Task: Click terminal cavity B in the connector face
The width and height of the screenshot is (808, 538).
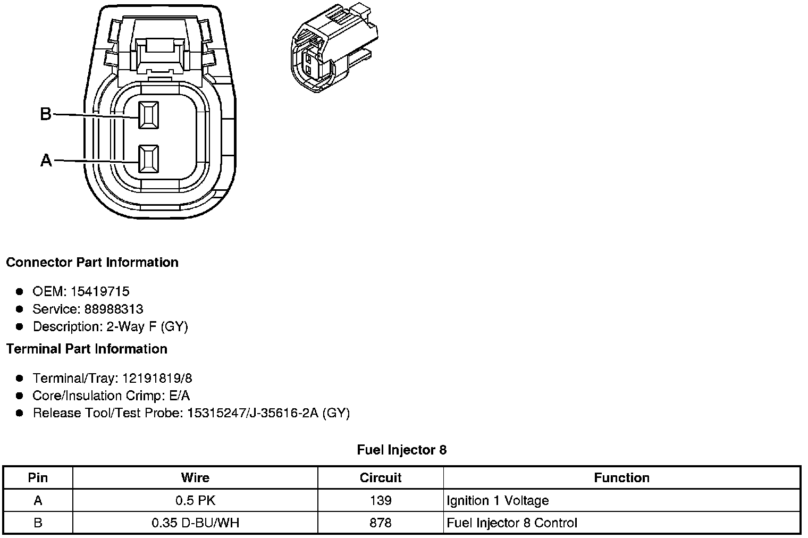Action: point(148,115)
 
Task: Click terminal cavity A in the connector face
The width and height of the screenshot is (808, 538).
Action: point(148,159)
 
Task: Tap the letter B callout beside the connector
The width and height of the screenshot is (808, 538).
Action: point(46,114)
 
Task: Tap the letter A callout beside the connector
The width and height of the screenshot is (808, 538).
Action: point(46,160)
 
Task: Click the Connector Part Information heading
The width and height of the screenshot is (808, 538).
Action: point(92,263)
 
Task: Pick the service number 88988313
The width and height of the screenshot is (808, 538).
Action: point(114,309)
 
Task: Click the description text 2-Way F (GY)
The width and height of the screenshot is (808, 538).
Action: point(147,326)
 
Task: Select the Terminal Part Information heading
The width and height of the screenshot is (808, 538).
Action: point(87,349)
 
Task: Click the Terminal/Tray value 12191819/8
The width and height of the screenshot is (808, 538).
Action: point(157,378)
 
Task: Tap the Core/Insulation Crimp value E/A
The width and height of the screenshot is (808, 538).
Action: point(178,396)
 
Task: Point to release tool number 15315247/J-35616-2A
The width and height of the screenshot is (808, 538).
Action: point(252,413)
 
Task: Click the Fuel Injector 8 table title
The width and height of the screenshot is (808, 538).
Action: point(402,450)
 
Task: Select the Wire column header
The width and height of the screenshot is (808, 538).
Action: point(195,477)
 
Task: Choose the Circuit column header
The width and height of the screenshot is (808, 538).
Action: point(381,477)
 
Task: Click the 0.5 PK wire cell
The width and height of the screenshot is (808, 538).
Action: point(195,500)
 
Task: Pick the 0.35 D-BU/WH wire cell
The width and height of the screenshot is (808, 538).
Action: point(195,523)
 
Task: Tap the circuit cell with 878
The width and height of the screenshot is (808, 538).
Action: point(381,523)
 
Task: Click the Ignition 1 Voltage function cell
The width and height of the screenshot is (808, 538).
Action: point(498,500)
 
